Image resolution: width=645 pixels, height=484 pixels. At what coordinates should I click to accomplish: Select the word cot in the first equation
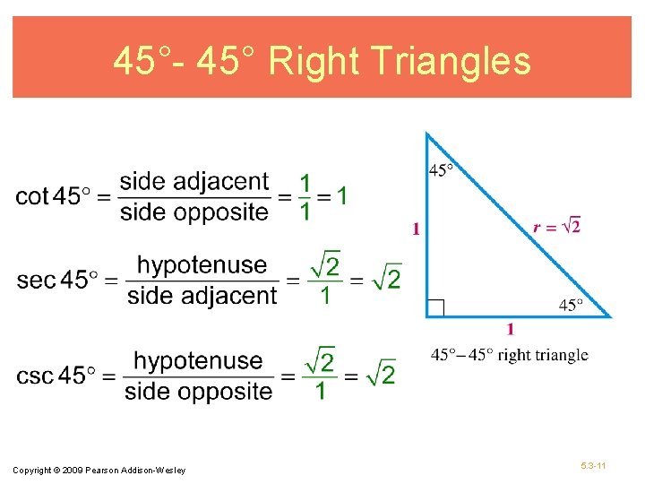(31, 196)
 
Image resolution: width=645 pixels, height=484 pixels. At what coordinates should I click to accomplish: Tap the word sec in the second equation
(36, 280)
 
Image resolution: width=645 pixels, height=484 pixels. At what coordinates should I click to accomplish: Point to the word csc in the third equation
(35, 376)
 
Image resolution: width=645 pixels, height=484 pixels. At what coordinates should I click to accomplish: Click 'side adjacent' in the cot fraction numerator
(193, 182)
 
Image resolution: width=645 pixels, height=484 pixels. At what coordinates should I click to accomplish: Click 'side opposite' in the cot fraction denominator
(193, 212)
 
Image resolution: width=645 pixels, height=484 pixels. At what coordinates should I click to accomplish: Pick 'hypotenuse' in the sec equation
(202, 265)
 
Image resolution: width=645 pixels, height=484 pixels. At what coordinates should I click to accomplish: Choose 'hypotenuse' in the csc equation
(198, 360)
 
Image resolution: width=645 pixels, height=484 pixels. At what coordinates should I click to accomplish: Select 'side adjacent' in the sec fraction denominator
(202, 295)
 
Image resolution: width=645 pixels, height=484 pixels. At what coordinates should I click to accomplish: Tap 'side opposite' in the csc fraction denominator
(198, 391)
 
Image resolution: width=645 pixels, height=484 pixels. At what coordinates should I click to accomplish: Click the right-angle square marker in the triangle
(435, 307)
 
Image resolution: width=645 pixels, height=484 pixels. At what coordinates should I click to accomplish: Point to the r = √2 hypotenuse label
(556, 227)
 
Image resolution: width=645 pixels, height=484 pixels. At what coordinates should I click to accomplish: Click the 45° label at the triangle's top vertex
(442, 170)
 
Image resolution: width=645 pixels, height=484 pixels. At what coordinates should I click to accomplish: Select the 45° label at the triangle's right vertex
(572, 306)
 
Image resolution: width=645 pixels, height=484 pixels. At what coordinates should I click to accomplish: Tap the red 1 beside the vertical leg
(417, 229)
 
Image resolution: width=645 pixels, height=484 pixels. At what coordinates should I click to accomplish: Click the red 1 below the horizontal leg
(511, 329)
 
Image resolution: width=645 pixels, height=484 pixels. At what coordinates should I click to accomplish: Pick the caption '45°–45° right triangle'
(510, 355)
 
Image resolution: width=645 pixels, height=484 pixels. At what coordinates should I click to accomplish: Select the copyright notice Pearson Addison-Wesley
(99, 471)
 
